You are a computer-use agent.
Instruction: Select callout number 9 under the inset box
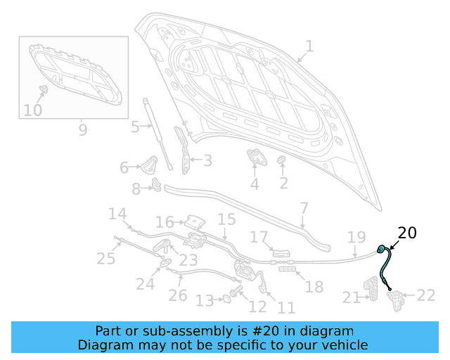click(82, 129)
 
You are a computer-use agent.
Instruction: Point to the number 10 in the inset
click(32, 110)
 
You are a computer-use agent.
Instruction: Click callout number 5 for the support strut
click(135, 127)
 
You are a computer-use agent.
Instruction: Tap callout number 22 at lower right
click(427, 295)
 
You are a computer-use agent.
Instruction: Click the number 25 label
click(106, 259)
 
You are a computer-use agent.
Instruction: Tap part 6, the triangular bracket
click(149, 166)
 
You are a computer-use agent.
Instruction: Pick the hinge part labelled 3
click(185, 156)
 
